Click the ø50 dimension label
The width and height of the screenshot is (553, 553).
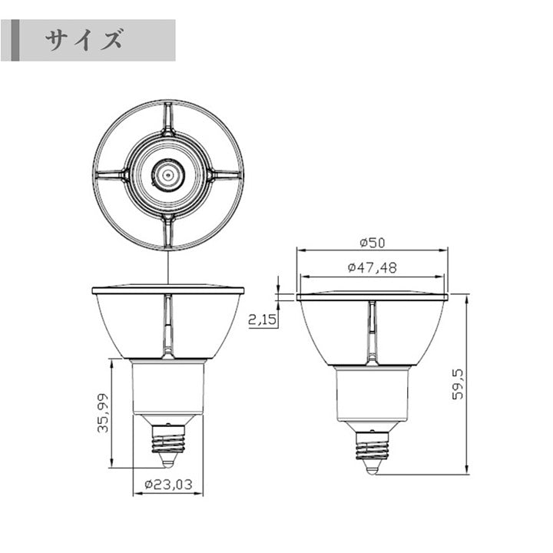[x=373, y=243]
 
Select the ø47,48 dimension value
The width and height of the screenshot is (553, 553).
[x=372, y=267]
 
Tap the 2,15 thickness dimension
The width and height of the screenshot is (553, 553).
[x=263, y=320]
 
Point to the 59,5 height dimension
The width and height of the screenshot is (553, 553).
[x=458, y=384]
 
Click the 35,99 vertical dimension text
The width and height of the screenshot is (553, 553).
[x=104, y=413]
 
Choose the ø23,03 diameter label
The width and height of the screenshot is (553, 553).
[x=168, y=484]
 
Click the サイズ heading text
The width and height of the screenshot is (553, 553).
[x=84, y=40]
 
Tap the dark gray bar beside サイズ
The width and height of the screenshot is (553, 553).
[x=15, y=40]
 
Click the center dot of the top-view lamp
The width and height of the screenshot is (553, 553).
[x=168, y=174]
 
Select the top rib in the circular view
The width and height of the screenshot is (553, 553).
[x=168, y=119]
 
